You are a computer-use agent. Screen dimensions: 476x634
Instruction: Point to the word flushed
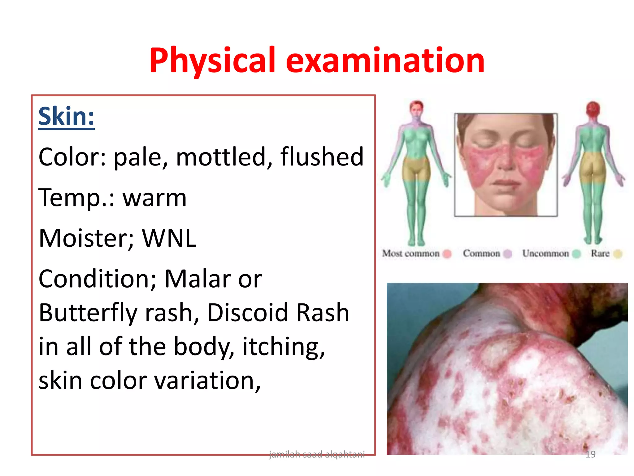(322, 157)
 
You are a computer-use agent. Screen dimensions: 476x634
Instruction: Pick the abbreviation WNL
(169, 238)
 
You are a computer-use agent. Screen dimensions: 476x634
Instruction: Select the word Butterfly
(88, 313)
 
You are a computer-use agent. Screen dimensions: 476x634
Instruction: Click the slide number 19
(590, 454)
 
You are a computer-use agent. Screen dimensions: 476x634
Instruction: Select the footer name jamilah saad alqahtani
(317, 454)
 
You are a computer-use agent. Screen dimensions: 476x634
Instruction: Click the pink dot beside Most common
(447, 254)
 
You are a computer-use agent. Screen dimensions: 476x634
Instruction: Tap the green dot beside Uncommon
(576, 254)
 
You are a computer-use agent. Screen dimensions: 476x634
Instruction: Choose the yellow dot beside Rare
(618, 254)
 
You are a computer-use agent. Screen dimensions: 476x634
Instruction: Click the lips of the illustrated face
(506, 183)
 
